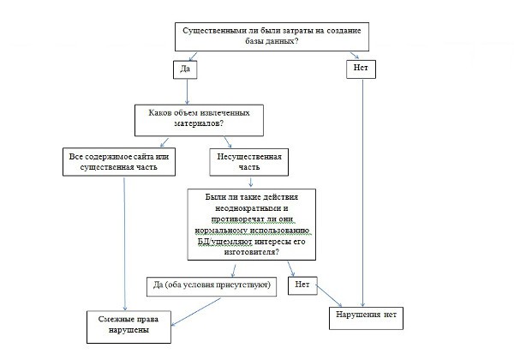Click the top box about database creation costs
click(x=272, y=37)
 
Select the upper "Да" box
click(x=185, y=69)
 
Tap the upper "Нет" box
click(x=361, y=69)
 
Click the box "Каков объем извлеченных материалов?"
click(x=199, y=120)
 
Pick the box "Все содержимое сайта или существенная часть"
click(x=119, y=162)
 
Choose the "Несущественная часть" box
click(x=249, y=162)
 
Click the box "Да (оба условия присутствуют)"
click(x=212, y=286)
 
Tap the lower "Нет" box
click(x=302, y=285)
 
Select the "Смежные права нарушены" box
click(x=128, y=327)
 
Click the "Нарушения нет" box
click(x=366, y=318)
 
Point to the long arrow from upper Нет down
click(x=362, y=193)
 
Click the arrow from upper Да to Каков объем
click(x=187, y=92)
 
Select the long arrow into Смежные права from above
click(x=124, y=244)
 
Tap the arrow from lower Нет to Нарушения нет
click(x=329, y=296)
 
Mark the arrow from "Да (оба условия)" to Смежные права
click(x=196, y=311)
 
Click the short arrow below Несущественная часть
click(x=251, y=183)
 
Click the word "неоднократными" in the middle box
click(x=251, y=208)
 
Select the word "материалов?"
click(x=199, y=123)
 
